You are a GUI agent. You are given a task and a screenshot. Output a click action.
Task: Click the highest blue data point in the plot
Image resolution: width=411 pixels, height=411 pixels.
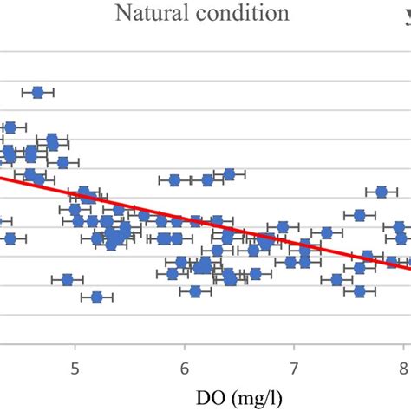(38, 92)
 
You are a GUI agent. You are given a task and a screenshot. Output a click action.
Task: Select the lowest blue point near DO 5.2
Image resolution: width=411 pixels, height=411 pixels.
(97, 297)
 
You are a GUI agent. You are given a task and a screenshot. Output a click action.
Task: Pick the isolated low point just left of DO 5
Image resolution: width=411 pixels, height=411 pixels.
(67, 279)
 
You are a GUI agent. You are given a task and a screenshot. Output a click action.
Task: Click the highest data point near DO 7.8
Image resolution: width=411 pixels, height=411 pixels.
(382, 191)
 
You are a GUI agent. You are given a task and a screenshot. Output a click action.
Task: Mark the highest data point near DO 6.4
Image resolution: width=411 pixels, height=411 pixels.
(229, 174)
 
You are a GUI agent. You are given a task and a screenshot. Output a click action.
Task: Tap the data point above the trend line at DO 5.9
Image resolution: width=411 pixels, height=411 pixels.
(174, 180)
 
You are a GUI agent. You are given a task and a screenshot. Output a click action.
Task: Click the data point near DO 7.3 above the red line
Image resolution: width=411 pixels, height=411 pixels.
(327, 232)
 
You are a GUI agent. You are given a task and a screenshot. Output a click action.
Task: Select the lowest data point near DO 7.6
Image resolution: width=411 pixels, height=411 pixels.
(359, 291)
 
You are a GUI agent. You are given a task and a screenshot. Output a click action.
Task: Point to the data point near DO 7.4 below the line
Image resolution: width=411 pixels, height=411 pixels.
(337, 279)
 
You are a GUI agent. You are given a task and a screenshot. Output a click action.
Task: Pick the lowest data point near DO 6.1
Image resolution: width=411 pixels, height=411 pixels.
(196, 291)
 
